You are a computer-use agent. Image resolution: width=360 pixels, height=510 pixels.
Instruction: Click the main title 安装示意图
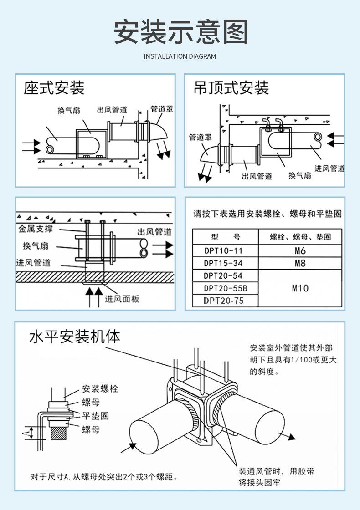tap(180, 32)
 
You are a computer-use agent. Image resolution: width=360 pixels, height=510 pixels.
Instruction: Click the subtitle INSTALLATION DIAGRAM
tap(180, 56)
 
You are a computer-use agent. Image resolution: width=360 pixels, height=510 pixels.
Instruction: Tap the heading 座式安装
tap(54, 87)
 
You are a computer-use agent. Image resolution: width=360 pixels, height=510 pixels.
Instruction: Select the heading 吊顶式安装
tap(231, 87)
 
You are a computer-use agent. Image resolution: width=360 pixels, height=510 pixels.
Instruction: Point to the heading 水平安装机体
tap(75, 337)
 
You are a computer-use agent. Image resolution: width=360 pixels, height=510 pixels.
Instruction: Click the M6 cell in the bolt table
tap(300, 251)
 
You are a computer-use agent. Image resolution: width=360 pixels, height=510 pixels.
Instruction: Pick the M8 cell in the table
tap(300, 263)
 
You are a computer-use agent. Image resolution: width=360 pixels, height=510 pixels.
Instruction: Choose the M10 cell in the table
tap(300, 288)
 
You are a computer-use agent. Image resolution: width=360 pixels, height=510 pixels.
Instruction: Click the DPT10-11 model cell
tap(223, 251)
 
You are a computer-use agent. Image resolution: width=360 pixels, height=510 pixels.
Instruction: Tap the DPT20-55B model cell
tap(225, 288)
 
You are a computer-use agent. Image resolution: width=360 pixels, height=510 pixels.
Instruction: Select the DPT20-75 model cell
tap(223, 301)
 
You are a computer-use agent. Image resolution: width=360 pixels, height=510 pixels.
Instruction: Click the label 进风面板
tap(122, 299)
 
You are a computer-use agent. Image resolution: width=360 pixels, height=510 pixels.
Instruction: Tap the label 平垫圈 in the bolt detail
tap(95, 416)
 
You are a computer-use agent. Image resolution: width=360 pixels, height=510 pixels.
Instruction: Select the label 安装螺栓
tap(100, 389)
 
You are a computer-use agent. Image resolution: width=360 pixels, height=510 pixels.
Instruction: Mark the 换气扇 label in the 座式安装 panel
tap(69, 111)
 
